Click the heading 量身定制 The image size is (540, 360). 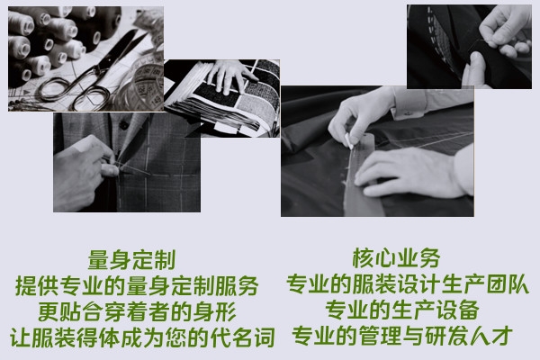pos(132,260)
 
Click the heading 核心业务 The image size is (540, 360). pos(396,258)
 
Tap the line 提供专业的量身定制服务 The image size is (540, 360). pos(137,285)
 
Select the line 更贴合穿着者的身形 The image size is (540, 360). pos(137,311)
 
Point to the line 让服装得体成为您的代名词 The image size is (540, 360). pos(142,337)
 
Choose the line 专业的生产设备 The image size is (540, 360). pos(402,310)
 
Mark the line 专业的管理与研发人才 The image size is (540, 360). pos(402,336)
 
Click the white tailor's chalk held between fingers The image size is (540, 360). pos(349,140)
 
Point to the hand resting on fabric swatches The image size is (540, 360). pos(231,76)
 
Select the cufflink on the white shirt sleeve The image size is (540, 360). pos(408,112)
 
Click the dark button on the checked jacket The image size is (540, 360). pos(123,125)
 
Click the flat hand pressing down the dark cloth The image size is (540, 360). pos(407,172)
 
